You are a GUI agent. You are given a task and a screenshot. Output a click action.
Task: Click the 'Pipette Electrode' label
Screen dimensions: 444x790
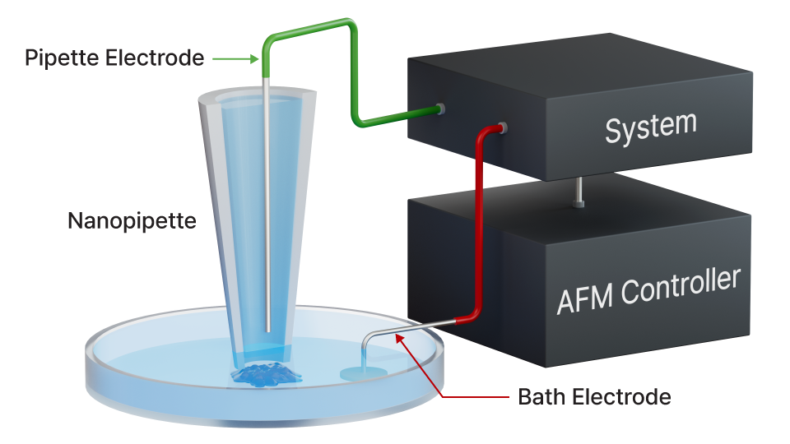[x=114, y=58]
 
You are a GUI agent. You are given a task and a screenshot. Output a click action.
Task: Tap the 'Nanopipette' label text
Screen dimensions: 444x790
[x=132, y=221]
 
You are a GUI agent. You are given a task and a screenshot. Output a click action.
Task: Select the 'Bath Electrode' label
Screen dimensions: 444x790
[x=593, y=397]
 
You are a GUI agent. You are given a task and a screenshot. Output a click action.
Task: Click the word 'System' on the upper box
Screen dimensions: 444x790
[x=650, y=127]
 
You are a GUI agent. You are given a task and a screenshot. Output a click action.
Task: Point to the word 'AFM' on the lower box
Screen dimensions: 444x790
[x=586, y=296]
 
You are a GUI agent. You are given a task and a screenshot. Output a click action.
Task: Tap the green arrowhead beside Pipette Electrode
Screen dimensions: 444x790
[x=254, y=58]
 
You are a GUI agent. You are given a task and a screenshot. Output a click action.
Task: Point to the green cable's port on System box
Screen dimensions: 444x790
[x=440, y=109]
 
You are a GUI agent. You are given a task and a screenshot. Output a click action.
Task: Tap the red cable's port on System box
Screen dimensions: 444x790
[x=502, y=127]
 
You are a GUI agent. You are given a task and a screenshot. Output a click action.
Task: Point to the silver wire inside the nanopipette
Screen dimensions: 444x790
[x=270, y=206]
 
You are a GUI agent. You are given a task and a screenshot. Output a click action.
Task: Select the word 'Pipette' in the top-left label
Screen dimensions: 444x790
[x=57, y=58]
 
